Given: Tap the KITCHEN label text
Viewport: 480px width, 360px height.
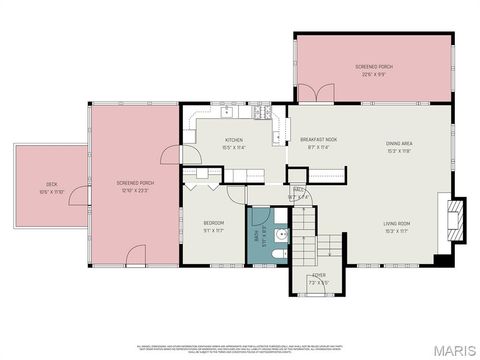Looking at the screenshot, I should (x=235, y=140).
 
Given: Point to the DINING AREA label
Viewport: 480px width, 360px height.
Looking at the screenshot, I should (x=399, y=144).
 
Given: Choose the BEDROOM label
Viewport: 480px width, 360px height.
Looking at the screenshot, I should (x=214, y=222).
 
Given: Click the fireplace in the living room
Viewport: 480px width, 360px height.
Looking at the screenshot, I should (x=455, y=217).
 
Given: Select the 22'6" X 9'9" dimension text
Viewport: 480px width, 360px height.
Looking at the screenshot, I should (x=374, y=73).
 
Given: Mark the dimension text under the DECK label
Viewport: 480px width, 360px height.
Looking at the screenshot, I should (x=50, y=192).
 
